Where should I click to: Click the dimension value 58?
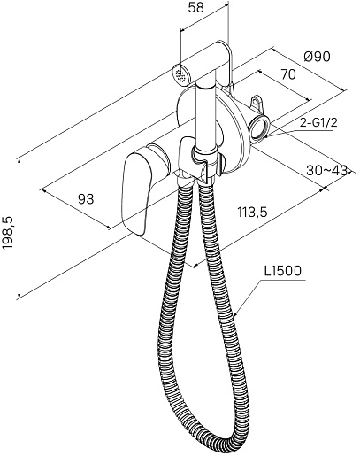click(195, 8)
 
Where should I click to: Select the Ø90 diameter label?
click(317, 57)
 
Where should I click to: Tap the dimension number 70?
click(287, 74)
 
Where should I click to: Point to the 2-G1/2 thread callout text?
click(318, 123)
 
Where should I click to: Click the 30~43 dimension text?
click(327, 170)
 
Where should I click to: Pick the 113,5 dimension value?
click(252, 212)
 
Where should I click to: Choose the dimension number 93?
click(86, 199)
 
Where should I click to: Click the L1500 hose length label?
click(283, 271)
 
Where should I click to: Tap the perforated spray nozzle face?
click(180, 74)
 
